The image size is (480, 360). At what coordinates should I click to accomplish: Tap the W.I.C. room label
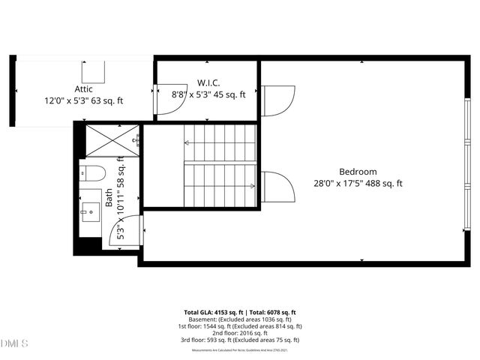208,81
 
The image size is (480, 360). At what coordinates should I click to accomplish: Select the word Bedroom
358,171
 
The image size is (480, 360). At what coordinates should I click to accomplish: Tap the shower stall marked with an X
112,140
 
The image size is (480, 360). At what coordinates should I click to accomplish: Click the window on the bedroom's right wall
467,162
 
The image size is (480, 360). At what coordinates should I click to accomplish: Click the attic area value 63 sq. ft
111,99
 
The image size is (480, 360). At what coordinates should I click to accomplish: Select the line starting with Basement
240,319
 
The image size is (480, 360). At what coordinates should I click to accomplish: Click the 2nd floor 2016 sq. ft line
240,333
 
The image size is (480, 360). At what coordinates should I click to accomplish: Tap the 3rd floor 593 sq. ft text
240,340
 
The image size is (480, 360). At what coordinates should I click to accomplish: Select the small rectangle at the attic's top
94,71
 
